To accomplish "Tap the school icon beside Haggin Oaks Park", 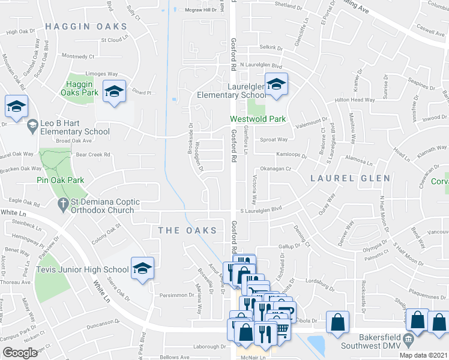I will [x=113, y=92].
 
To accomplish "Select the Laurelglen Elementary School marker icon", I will [x=276, y=85].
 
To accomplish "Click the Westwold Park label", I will [x=258, y=119].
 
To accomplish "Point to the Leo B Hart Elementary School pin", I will [x=32, y=123].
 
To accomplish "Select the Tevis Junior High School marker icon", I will [x=142, y=269].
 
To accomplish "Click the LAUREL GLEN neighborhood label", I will [x=351, y=178].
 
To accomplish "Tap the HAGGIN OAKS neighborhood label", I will [x=86, y=26].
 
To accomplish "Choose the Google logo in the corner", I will [x=20, y=353].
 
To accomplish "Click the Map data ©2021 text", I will [x=424, y=355].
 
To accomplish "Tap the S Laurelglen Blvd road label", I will [x=261, y=210].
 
